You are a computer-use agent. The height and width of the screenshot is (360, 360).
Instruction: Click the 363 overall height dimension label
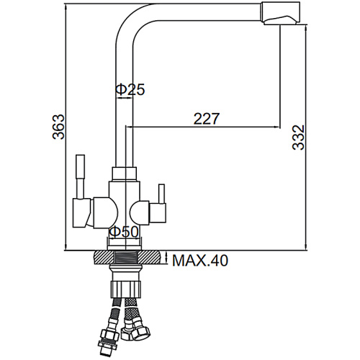(x=58, y=127)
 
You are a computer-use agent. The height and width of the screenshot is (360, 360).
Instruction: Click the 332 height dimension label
(x=298, y=138)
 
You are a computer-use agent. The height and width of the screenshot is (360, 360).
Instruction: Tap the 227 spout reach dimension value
(x=207, y=119)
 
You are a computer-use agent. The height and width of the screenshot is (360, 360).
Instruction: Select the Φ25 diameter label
(x=130, y=89)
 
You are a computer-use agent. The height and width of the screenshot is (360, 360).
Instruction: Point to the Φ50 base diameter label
(x=124, y=232)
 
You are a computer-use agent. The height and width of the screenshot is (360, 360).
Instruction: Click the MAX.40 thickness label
(x=200, y=261)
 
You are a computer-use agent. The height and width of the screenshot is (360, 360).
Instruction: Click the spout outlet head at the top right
(x=281, y=14)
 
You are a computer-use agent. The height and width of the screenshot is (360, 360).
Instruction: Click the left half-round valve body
(x=105, y=212)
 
